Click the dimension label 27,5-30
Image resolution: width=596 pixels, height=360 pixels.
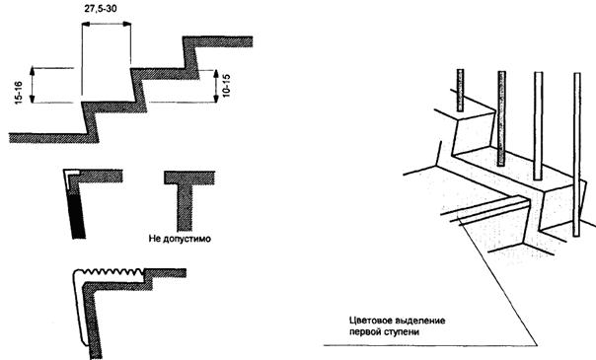pos(101,8)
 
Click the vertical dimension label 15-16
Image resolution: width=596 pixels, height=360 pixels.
pos(18,93)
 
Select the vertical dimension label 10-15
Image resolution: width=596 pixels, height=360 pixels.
pos(226,86)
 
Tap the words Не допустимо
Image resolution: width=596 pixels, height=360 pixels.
pos(180,239)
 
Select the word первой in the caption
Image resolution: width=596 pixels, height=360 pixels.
pos(364,331)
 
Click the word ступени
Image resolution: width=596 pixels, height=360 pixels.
pos(402,331)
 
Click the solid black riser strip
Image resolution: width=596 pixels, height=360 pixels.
pos(76,216)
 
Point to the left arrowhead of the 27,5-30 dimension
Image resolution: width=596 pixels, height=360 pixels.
pos(86,24)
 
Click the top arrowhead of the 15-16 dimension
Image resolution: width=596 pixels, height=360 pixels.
pos(33,70)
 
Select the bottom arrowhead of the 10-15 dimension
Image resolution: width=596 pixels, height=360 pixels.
pos(216,99)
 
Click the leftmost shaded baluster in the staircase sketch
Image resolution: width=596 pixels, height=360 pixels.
pos(460,91)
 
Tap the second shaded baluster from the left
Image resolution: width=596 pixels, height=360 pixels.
pos(501,118)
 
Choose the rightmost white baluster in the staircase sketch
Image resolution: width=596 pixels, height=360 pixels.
pos(577,155)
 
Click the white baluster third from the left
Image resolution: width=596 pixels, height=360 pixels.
pos(538,125)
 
